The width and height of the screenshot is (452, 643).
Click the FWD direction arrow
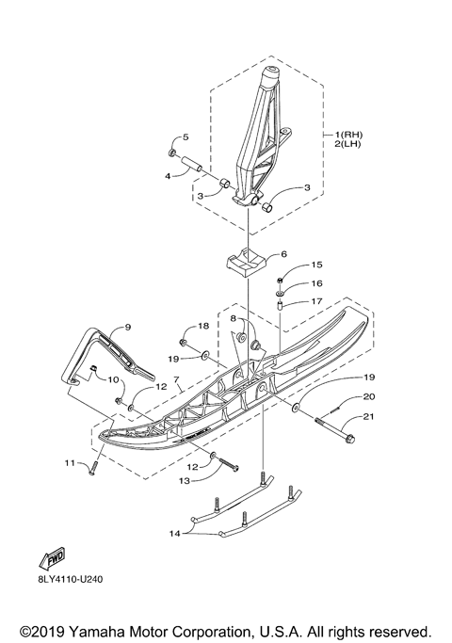pos(52,559)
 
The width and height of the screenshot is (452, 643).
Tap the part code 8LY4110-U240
pos(70,579)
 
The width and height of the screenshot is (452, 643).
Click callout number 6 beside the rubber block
pos(283,254)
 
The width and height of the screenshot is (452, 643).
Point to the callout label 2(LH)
pos(347,144)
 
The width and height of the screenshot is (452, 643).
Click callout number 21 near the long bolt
pos(367,416)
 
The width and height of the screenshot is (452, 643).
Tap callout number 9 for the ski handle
pos(127,327)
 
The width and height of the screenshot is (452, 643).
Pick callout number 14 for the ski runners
pos(175,534)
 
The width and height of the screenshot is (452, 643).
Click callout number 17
pos(316,301)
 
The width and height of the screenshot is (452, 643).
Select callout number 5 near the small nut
pos(186,137)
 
